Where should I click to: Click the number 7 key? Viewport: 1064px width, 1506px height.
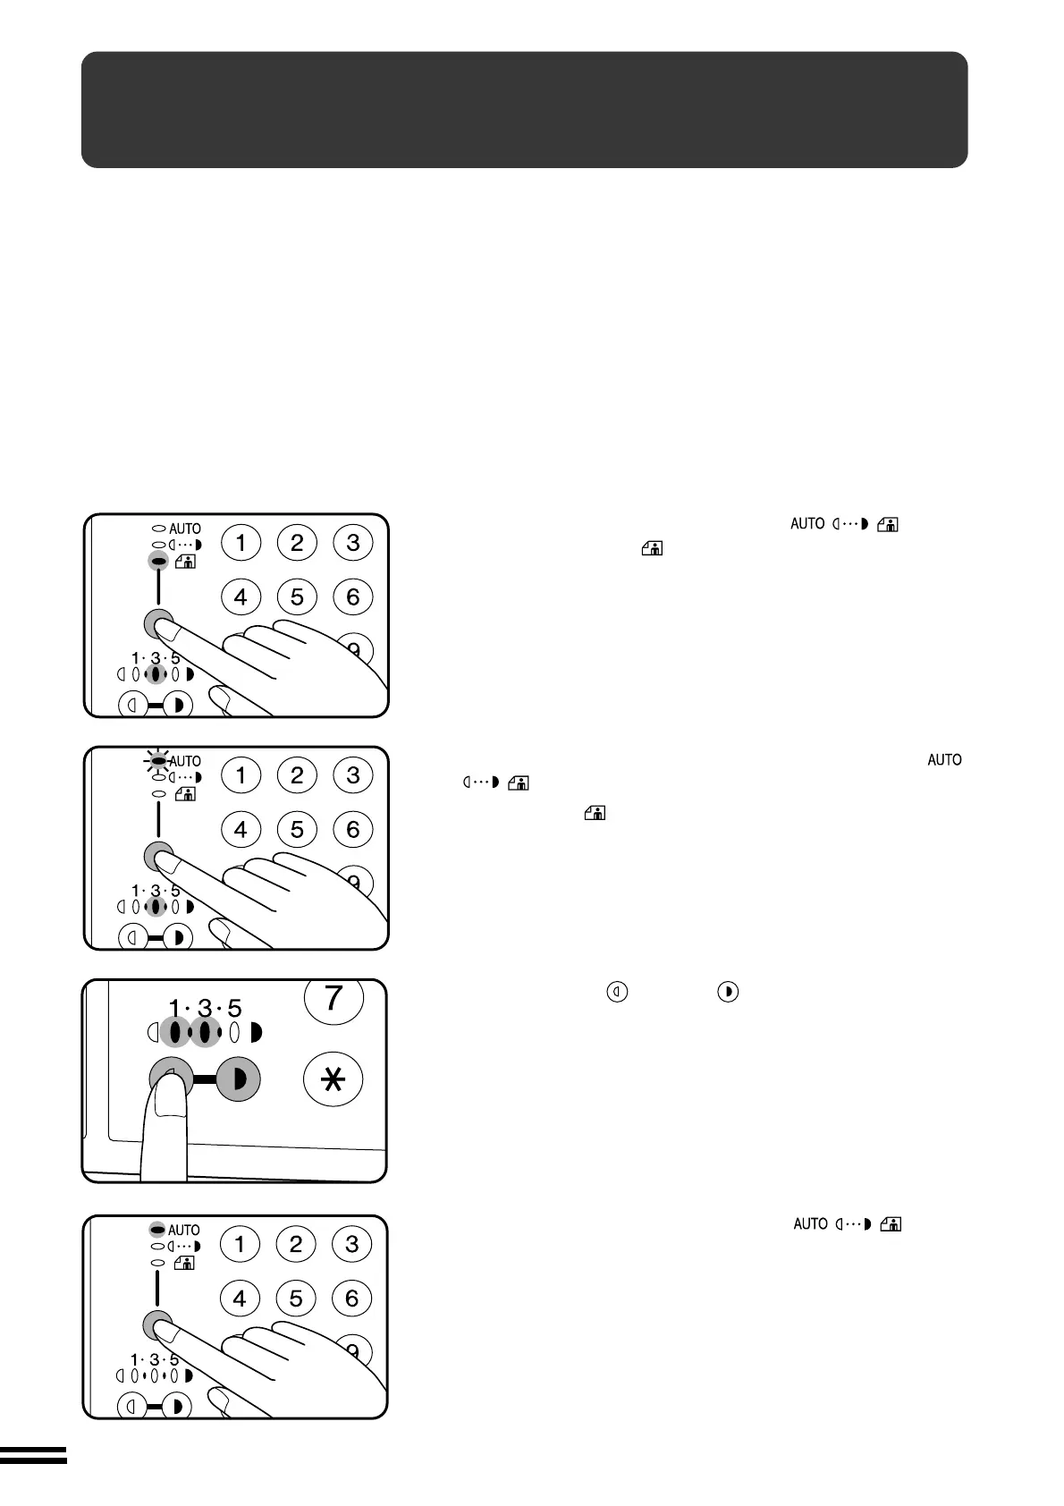click(334, 998)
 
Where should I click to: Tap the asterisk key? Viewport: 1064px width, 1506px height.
click(334, 1080)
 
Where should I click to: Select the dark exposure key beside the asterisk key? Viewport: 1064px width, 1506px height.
click(236, 1079)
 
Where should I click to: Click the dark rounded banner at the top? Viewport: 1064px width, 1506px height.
click(524, 109)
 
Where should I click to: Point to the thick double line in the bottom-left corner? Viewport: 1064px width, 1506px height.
click(33, 1457)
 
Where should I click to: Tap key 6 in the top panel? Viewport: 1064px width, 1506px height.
click(352, 596)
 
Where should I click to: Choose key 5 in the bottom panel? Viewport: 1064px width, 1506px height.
click(295, 1299)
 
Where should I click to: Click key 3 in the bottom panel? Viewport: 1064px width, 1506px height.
click(351, 1244)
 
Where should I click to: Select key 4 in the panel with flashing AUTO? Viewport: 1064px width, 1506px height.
click(241, 829)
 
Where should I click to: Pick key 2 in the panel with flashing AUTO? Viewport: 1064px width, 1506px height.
click(297, 774)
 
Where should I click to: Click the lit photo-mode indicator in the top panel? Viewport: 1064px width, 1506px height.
click(158, 562)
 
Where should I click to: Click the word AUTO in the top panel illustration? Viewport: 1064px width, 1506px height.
click(185, 529)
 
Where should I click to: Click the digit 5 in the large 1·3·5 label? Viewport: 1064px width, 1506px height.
click(234, 1009)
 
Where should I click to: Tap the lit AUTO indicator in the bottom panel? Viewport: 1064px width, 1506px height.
click(157, 1230)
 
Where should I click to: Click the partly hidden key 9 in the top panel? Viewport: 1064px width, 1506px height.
click(354, 648)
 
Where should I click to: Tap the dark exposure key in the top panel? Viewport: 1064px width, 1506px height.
click(179, 706)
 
